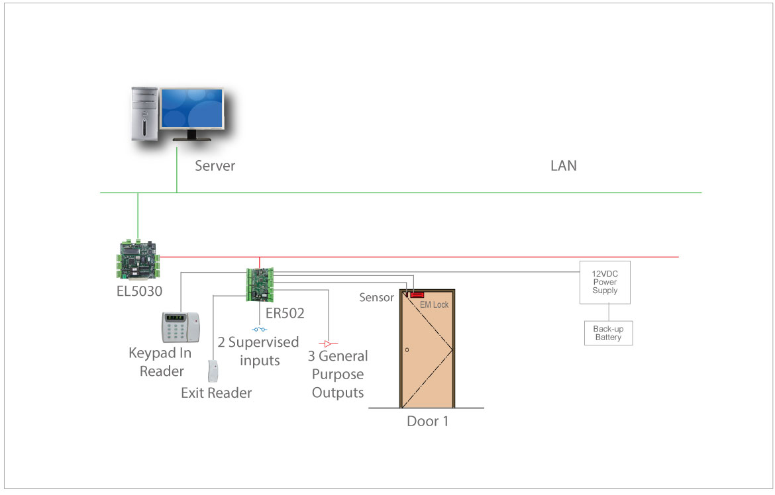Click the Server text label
pos(215,165)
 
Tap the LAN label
pos(564,165)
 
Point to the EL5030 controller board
pos(139,259)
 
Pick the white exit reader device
pos(213,371)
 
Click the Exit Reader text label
pos(217,393)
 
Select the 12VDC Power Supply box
pos(605,282)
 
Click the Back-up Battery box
pos(608,333)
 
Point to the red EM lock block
pos(417,294)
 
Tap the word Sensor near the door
pos(376,298)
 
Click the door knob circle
pos(407,350)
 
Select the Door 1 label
pos(427,421)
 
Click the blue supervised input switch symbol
pos(260,330)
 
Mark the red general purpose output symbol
pos(328,344)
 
